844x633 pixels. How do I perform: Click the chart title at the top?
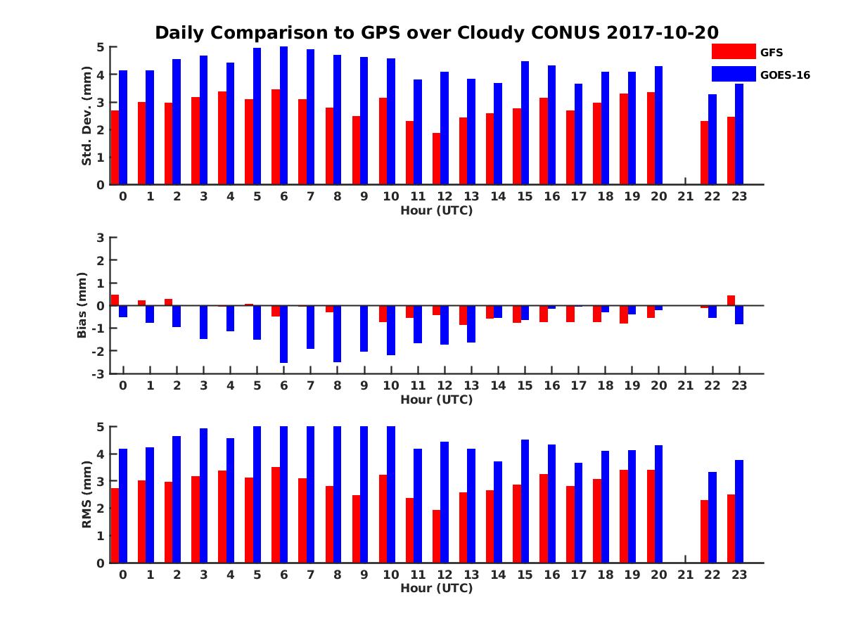(x=436, y=33)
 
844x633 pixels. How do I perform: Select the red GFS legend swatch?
(x=733, y=51)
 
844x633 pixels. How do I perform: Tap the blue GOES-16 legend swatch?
(x=733, y=74)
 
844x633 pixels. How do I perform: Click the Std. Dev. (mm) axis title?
(x=87, y=116)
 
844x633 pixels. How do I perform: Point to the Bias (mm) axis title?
(x=82, y=305)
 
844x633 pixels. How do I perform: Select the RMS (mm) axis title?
(x=87, y=494)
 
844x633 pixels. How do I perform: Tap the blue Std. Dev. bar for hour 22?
(x=712, y=139)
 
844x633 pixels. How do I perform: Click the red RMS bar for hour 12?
(x=436, y=536)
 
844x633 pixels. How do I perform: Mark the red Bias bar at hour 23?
(x=731, y=300)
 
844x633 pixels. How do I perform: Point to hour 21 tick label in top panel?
(x=685, y=196)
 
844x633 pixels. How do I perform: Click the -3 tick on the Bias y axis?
(x=100, y=373)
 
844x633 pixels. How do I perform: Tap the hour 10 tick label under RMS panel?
(x=390, y=575)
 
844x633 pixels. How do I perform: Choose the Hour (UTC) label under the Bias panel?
(x=436, y=399)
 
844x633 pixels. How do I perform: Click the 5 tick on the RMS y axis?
(x=101, y=427)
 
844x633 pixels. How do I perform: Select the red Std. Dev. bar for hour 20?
(x=651, y=139)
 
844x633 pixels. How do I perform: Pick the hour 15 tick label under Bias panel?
(x=525, y=385)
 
